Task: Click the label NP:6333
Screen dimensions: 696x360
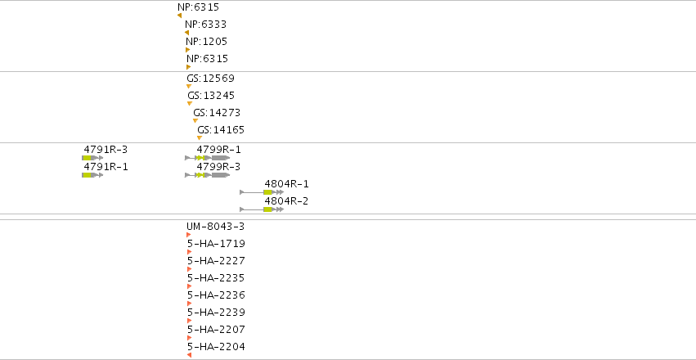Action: coord(205,25)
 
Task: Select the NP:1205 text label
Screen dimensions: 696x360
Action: coord(206,42)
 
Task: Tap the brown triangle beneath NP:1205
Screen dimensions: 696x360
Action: coord(188,50)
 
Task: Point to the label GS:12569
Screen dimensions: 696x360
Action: coord(210,79)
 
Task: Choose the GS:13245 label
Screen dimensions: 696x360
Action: coord(211,96)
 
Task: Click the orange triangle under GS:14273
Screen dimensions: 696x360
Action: coord(195,121)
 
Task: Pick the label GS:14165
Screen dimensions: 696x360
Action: coord(221,131)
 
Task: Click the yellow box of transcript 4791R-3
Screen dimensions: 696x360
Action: coord(87,158)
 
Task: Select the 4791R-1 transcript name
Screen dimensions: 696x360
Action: coord(106,167)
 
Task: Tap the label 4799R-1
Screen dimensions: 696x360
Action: coord(219,150)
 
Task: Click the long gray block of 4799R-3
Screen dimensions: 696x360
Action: coord(221,175)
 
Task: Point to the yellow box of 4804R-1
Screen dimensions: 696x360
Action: coord(267,192)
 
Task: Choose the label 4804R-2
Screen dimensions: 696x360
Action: coord(286,201)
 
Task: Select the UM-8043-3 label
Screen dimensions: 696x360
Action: coord(215,227)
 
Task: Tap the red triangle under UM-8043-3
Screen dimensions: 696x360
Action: coord(189,235)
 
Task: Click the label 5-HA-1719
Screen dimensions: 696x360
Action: coord(216,244)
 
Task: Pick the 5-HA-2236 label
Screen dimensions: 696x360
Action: coord(216,295)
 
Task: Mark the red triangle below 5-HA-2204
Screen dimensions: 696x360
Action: coord(190,355)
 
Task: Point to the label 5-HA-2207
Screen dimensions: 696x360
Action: coord(216,330)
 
